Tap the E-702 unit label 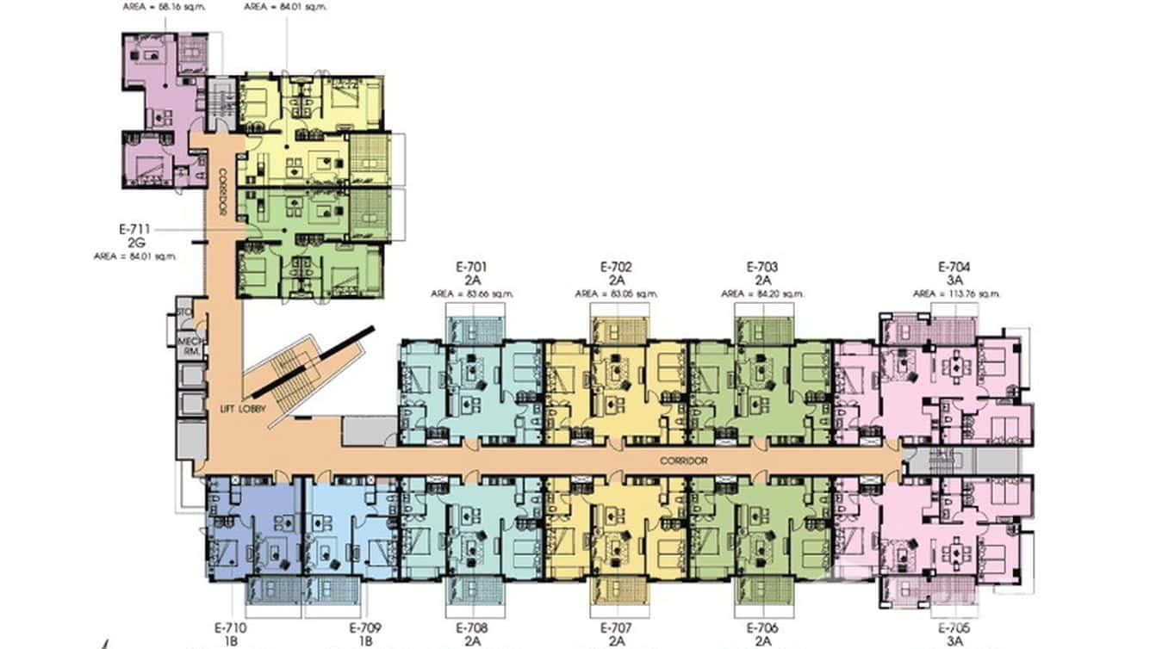pyautogui.click(x=616, y=266)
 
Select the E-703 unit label pyautogui.click(x=761, y=266)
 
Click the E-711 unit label pyautogui.click(x=135, y=230)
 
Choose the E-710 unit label pyautogui.click(x=230, y=628)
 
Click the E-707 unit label pyautogui.click(x=616, y=628)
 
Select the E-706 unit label pyautogui.click(x=761, y=628)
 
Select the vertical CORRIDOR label pyautogui.click(x=221, y=192)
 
